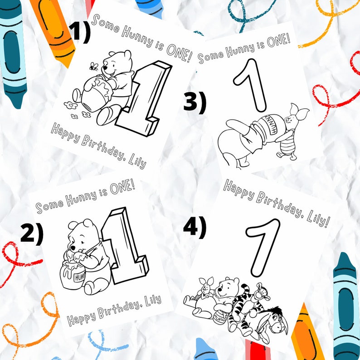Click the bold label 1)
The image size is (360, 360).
80,32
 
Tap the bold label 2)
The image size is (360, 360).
32,234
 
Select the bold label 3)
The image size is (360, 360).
195,102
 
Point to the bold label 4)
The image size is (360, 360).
195,227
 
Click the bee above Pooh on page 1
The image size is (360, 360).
93,67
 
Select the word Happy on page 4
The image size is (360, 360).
238,189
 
